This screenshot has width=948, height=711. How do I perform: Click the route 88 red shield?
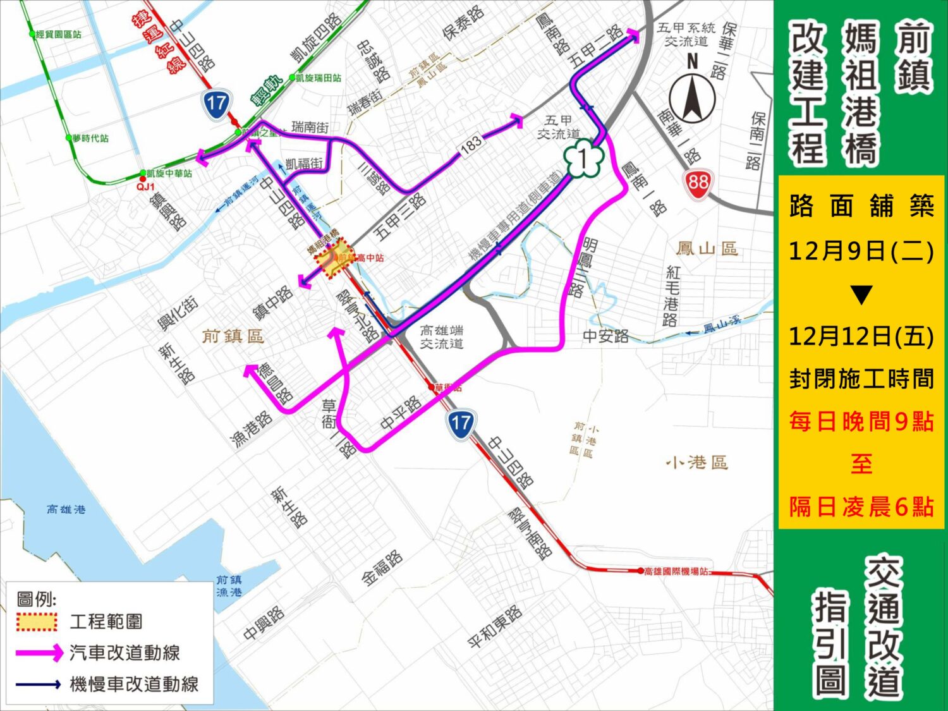(698, 183)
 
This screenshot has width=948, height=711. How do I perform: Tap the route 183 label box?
(471, 145)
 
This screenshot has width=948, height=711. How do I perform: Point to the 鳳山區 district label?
(707, 248)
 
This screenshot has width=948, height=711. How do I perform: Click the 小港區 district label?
(696, 463)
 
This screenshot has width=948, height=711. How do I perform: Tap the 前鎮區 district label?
(233, 336)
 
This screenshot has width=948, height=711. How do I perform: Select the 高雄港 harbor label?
(66, 509)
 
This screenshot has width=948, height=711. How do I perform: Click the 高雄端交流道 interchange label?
(442, 337)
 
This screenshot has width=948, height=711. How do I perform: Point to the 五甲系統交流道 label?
(686, 34)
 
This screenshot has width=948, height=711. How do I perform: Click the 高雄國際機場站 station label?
(676, 571)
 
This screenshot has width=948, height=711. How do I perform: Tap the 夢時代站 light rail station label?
(90, 138)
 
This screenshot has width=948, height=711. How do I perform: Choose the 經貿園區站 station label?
(58, 34)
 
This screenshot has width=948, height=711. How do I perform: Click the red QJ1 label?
(145, 187)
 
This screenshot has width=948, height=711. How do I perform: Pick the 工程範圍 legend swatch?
(37, 621)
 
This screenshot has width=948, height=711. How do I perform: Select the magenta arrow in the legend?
(39, 652)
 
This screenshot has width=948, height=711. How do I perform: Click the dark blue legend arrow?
(39, 684)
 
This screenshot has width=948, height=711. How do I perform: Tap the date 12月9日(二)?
(861, 251)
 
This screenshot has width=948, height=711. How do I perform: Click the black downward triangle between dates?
(861, 295)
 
